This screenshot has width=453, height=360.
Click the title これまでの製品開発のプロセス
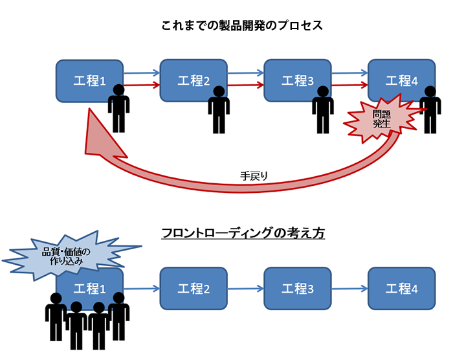(242, 27)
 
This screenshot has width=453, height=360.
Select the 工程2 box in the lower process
(193, 289)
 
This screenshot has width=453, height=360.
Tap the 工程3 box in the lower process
(297, 289)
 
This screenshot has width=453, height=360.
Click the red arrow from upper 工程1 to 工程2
(140, 85)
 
